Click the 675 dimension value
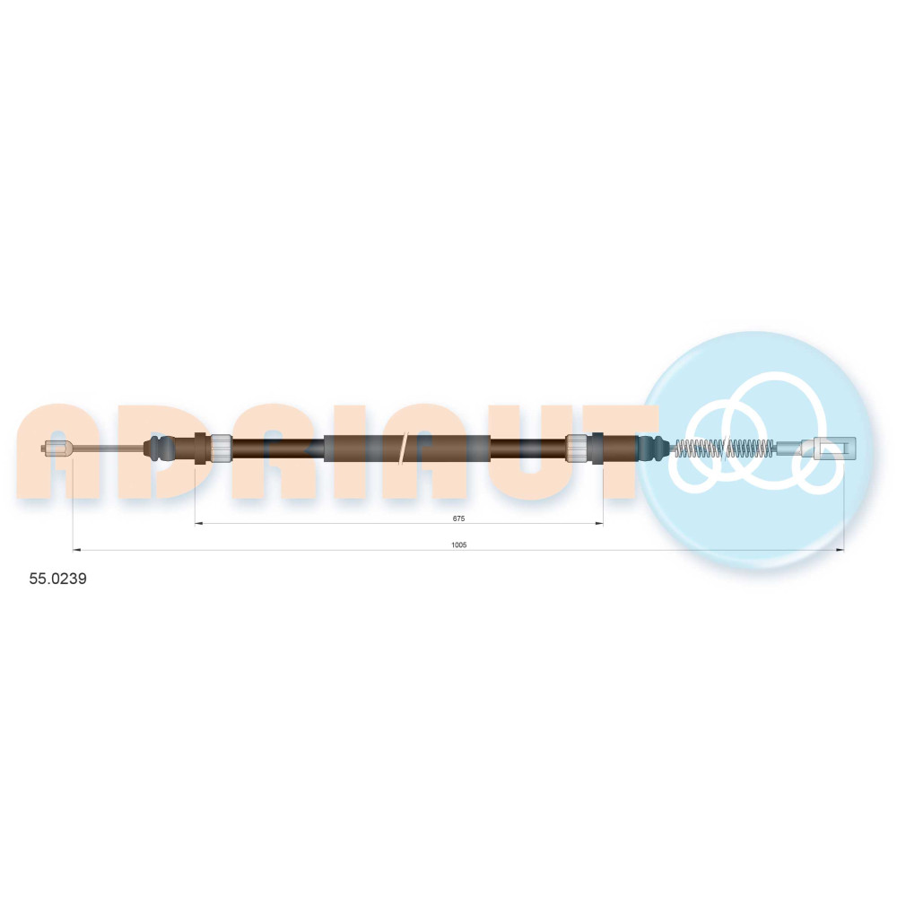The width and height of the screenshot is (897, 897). pos(458,518)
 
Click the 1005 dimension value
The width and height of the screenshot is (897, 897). pos(458,544)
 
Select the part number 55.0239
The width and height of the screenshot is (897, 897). pos(57,579)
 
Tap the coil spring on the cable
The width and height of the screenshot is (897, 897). pos(726,448)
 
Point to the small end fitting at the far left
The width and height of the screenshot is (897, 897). pos(57,448)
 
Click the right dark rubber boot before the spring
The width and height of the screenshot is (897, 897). pos(652,448)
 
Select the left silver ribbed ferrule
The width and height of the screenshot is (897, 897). pos(222,448)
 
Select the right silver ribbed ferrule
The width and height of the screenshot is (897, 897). pos(577,448)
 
